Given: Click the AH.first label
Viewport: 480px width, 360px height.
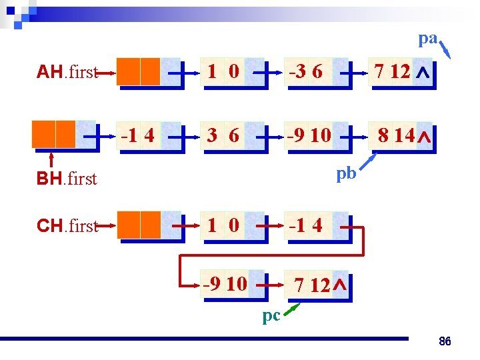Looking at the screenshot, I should [67, 72].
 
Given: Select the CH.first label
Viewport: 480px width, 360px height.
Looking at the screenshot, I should [67, 225].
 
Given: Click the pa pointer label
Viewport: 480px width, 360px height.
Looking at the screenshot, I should [427, 39].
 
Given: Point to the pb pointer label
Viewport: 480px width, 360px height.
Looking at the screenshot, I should [346, 173].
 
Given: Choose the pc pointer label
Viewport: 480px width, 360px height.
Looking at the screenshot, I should [271, 315].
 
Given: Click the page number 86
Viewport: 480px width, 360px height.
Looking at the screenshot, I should [445, 342].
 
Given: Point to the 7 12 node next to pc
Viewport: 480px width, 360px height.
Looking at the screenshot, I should [317, 285].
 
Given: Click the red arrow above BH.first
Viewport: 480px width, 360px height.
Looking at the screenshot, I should [52, 159].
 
